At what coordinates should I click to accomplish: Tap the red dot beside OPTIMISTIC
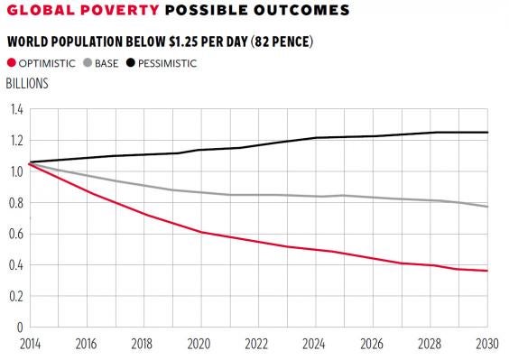coord(12,63)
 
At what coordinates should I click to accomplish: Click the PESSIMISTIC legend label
coord(167,63)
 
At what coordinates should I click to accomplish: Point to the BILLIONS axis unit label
coord(27,83)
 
